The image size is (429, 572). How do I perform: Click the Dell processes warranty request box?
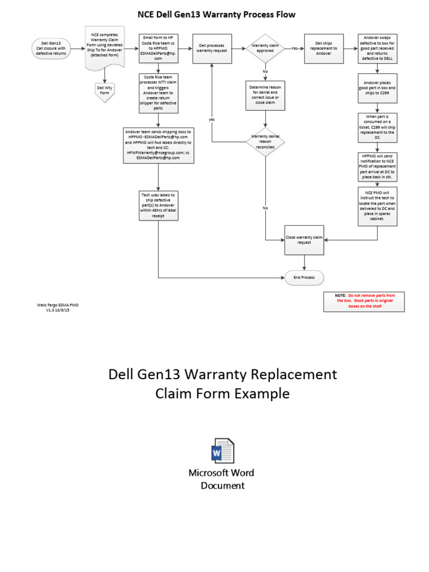212,49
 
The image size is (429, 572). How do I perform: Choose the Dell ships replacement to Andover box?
323,49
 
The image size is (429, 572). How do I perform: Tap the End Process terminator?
304,277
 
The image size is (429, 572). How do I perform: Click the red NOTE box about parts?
364,301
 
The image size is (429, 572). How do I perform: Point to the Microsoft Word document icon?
221,451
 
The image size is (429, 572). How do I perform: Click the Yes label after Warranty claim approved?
294,49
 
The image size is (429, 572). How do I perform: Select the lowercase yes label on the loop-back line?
212,120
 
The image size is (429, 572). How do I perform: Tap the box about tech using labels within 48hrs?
159,206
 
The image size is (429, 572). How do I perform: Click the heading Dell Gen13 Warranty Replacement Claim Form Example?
222,384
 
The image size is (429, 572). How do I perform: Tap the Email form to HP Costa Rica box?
159,49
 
